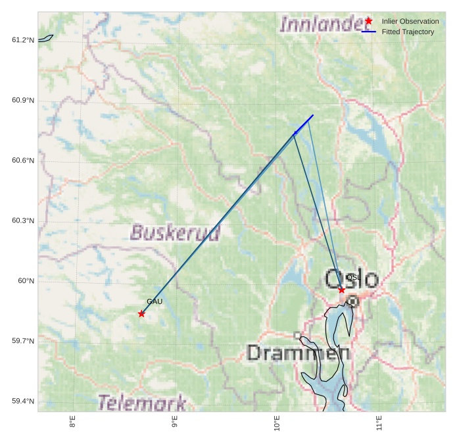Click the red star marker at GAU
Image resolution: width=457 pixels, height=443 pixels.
(x=141, y=314)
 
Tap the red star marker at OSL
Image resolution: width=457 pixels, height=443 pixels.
(x=341, y=290)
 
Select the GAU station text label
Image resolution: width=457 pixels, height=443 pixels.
(x=155, y=301)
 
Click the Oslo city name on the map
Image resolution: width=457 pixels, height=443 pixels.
(x=352, y=278)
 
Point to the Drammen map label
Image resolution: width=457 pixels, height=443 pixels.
(x=298, y=353)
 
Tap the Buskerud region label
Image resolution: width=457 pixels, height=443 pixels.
(x=175, y=232)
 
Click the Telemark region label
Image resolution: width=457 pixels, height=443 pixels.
(x=142, y=402)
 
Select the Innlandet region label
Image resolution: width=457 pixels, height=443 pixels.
(x=321, y=24)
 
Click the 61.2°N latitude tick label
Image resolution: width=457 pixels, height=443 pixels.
(x=23, y=40)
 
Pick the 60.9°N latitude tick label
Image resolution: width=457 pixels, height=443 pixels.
(x=23, y=101)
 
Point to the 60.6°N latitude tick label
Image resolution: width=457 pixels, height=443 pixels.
(x=23, y=161)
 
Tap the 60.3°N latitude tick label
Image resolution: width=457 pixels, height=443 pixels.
(x=23, y=221)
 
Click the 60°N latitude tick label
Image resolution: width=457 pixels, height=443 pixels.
(x=26, y=281)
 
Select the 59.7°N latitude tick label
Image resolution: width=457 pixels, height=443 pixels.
(x=23, y=341)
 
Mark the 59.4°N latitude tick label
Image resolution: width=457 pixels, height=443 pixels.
(x=23, y=402)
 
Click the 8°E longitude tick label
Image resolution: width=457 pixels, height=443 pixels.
(x=72, y=423)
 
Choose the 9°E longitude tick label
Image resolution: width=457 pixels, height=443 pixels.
(x=175, y=423)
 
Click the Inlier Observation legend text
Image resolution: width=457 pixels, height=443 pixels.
(x=410, y=22)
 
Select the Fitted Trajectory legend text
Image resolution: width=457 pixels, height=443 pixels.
(x=408, y=32)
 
